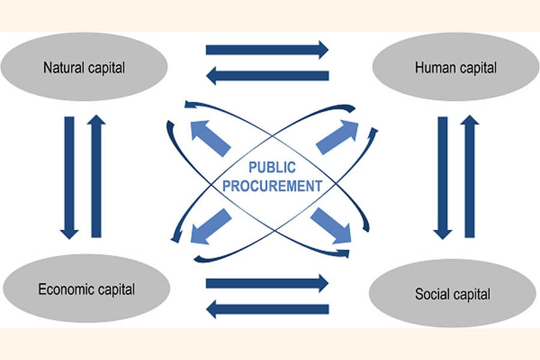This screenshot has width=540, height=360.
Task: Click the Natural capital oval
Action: (84, 67)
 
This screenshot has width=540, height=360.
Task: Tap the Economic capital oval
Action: (86, 290)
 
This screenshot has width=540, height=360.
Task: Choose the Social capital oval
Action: (452, 294)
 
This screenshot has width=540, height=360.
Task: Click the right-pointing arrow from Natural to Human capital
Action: (267, 49)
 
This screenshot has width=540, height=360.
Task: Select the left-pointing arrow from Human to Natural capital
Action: (267, 76)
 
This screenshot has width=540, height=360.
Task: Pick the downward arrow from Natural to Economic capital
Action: (70, 178)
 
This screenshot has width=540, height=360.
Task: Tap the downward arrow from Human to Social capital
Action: (443, 178)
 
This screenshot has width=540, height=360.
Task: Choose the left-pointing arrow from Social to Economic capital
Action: (267, 309)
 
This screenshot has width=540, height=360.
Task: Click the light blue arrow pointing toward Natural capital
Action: (209, 137)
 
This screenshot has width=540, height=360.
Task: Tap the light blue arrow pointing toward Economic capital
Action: (211, 226)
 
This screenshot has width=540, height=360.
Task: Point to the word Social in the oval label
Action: (431, 294)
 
